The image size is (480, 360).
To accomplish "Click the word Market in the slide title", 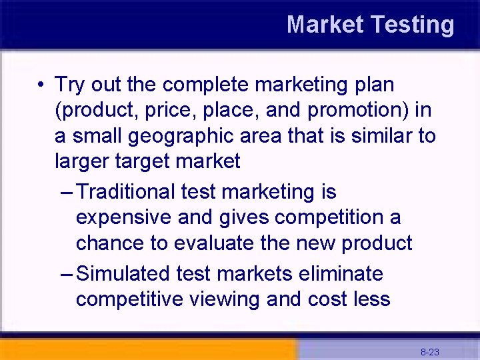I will (325, 25).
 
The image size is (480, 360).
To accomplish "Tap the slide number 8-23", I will (429, 351).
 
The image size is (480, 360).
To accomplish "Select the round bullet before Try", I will (41, 85).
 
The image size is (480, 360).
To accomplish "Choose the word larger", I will (83, 162).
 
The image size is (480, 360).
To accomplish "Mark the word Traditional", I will (127, 192).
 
